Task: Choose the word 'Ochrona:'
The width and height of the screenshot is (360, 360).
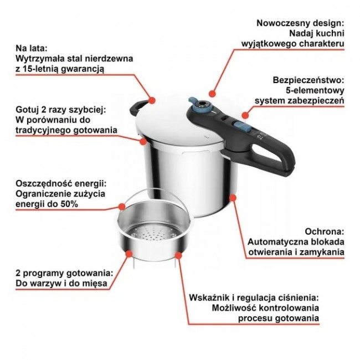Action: click(325, 232)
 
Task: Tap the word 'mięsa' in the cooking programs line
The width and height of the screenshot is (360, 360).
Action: click(95, 284)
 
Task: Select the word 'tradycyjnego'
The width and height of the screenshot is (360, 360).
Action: click(43, 130)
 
